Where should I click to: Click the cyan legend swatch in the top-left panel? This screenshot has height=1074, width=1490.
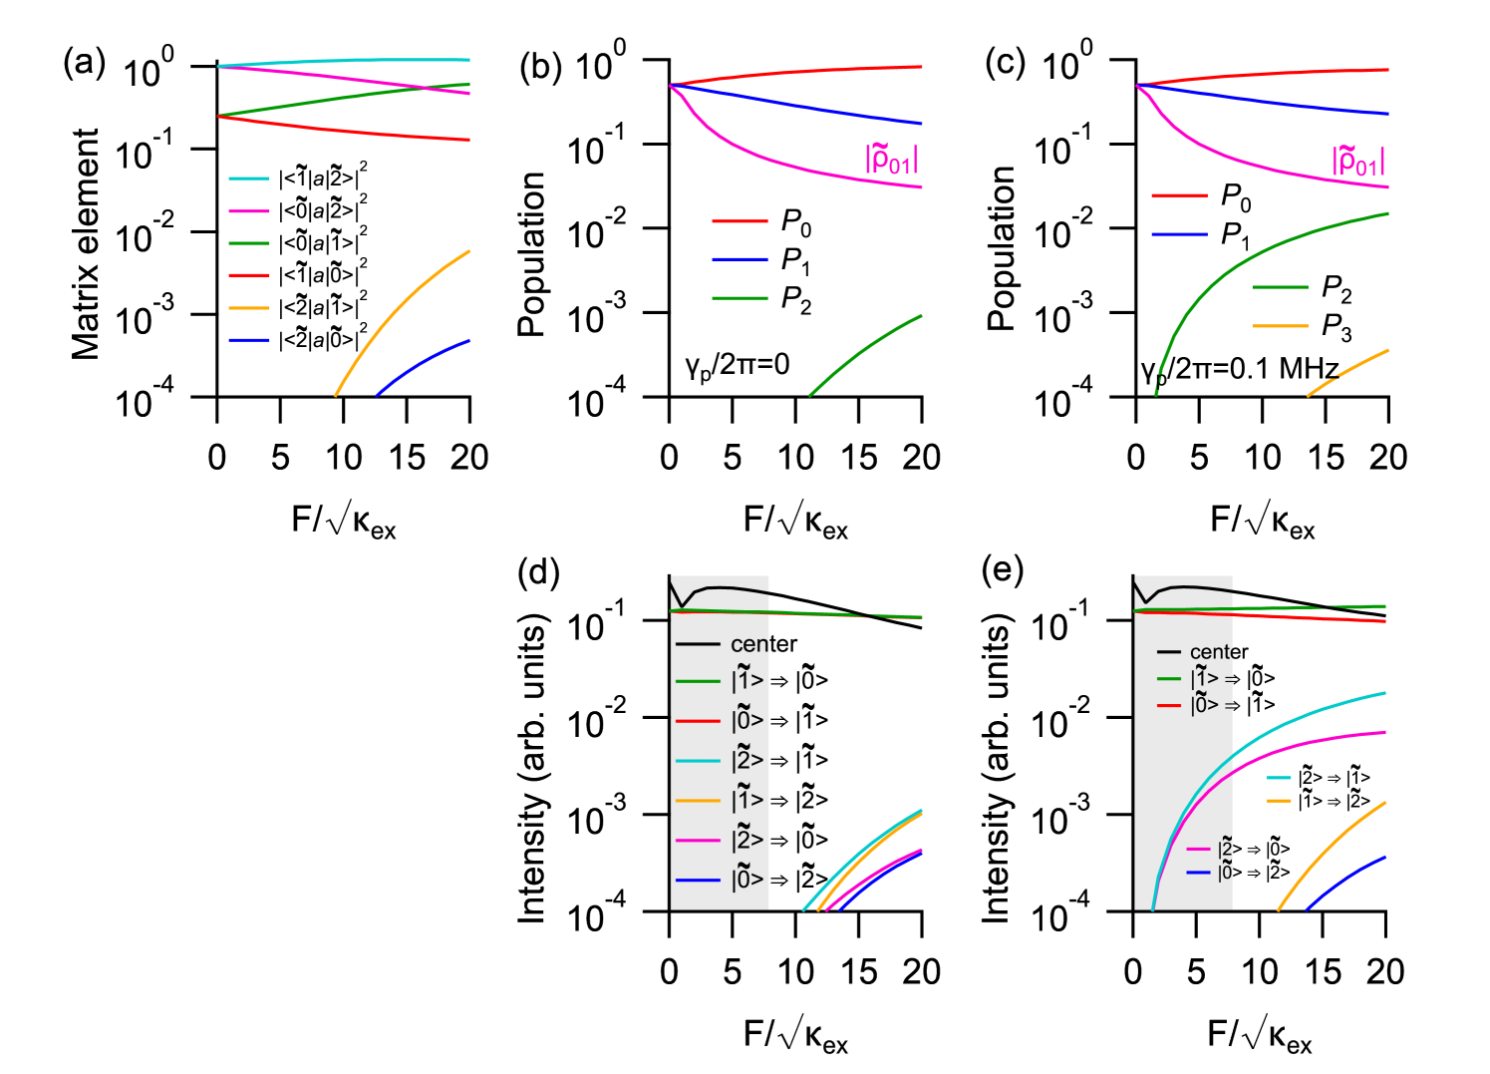248,179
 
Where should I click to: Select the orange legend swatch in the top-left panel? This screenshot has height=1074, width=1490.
248,308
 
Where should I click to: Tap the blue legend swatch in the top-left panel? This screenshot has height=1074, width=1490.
248,340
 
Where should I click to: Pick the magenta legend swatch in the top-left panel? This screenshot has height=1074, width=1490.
248,211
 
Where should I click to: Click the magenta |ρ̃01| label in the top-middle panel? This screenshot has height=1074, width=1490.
891,159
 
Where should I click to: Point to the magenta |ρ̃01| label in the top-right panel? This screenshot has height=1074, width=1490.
1357,160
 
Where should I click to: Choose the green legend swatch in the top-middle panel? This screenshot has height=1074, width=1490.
740,298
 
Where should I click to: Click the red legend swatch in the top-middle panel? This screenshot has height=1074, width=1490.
740,220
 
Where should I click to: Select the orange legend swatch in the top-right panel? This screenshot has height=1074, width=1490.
1279,326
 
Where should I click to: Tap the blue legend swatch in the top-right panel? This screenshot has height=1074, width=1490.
1179,234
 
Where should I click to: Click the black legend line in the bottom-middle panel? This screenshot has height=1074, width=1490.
698,644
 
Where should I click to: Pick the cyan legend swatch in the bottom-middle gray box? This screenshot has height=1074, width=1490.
698,761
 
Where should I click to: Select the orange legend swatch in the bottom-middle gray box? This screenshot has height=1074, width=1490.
698,801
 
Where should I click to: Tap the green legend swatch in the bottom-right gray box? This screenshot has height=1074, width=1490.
1169,679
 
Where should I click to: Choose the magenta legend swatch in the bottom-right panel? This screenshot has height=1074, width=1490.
1199,850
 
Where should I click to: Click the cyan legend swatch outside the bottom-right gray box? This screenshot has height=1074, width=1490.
1279,777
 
